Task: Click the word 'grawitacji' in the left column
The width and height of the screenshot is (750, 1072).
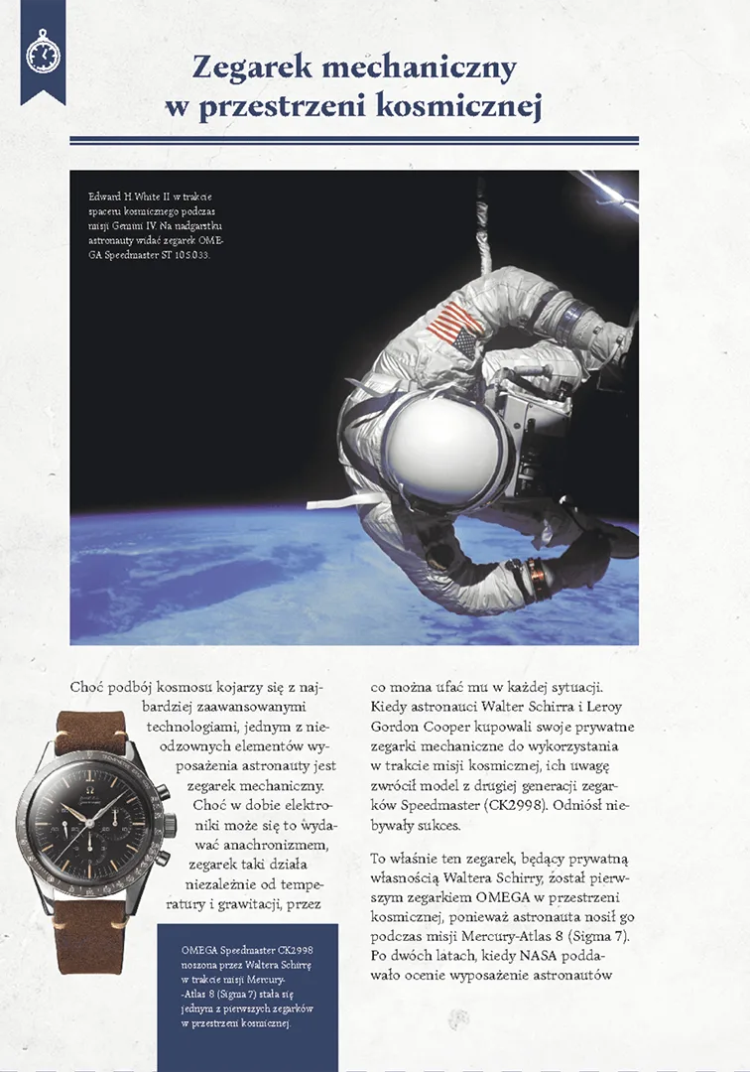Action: (x=257, y=902)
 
